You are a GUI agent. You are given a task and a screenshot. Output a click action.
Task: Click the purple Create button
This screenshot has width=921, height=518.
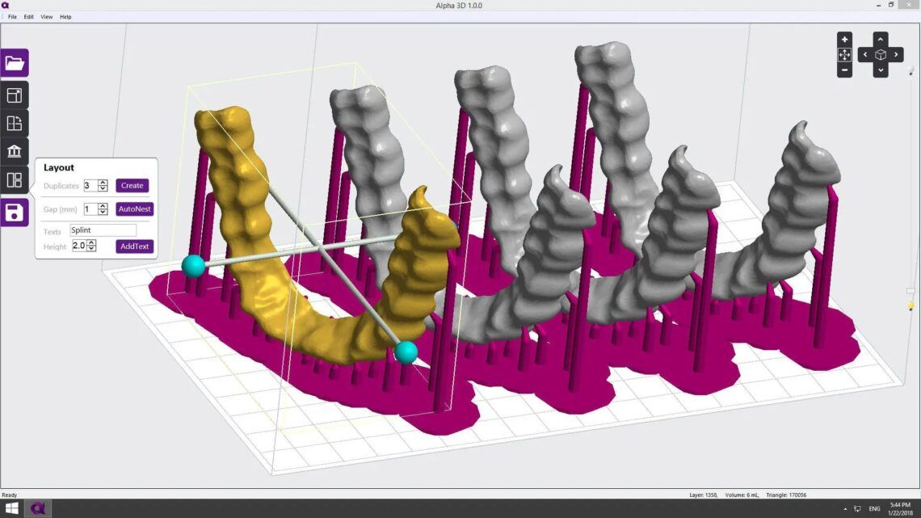pos(132,185)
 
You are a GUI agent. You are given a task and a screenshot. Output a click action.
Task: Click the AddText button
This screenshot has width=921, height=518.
pos(134,246)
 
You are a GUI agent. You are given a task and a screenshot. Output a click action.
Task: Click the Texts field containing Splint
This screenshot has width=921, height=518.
pos(103,230)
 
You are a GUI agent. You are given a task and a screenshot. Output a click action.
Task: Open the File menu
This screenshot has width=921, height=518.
pos(12,16)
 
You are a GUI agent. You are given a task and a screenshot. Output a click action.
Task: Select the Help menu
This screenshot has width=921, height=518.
pos(65,16)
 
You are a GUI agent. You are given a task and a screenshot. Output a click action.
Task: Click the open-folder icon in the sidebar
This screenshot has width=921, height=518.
pos(15,63)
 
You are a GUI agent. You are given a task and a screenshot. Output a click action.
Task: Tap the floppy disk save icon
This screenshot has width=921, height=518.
pos(15,213)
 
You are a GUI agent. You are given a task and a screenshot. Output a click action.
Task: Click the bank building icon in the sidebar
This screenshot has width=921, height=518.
pos(15,152)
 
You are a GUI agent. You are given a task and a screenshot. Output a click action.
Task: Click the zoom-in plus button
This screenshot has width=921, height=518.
pos(844,39)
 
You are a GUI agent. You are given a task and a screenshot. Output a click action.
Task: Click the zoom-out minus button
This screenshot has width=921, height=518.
pos(844,70)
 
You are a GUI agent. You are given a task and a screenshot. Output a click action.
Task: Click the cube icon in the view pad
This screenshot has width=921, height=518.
pos(881,55)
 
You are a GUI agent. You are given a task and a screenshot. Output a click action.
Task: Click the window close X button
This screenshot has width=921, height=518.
pos(911,5)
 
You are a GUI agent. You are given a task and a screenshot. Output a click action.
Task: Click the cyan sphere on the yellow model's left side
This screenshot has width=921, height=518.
pos(193,266)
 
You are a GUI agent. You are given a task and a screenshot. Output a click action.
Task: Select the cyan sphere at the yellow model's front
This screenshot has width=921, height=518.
pos(406,352)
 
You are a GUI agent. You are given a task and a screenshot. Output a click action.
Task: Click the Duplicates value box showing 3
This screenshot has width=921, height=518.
pos(90,186)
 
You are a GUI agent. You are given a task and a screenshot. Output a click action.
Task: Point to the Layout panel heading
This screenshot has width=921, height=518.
pos(59,167)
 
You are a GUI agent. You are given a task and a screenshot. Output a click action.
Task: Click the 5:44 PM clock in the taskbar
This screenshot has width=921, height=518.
pos(898,504)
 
